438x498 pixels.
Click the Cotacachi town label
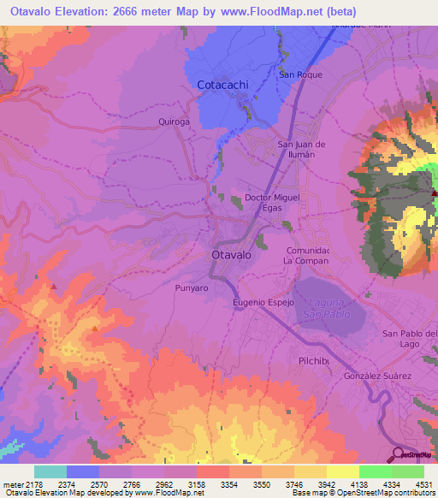point(223,86)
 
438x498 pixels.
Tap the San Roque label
point(299,74)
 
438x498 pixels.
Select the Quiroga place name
point(173,122)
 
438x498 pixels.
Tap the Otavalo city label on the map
point(231,256)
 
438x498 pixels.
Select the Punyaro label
point(192,288)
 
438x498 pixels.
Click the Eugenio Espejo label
point(263,303)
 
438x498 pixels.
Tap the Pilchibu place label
point(315,360)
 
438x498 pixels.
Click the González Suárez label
point(378,376)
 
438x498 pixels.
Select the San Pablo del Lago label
point(409,338)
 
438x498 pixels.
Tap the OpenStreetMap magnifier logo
point(398,454)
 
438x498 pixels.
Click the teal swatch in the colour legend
point(50,471)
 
